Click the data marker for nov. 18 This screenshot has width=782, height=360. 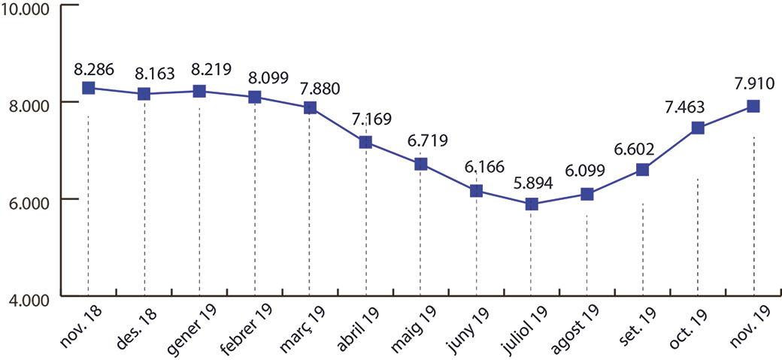coord(88,88)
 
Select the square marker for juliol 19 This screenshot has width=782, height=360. coord(532,204)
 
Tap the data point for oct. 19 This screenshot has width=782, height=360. coord(698,128)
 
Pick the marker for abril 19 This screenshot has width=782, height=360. coord(365,142)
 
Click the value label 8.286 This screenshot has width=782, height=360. coord(94,68)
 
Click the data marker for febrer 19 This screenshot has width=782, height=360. coord(254,97)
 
